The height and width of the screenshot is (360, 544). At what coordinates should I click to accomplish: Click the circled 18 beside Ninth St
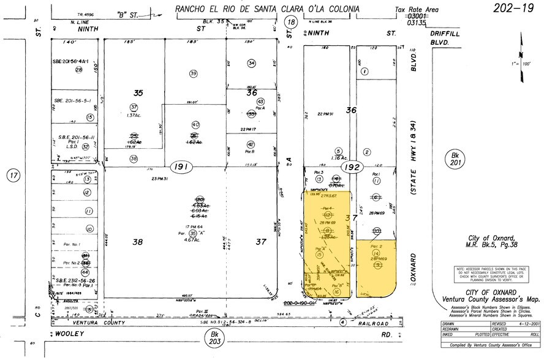pos(292,22)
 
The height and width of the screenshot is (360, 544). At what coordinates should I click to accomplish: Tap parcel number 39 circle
pos(194,73)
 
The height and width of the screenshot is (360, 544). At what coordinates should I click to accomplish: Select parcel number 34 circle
pos(251,63)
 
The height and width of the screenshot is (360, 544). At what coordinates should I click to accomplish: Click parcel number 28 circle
pos(78,70)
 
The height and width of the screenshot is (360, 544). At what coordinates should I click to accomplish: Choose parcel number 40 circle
pos(195,124)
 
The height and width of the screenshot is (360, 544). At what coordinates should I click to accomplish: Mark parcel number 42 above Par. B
pos(251,144)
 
